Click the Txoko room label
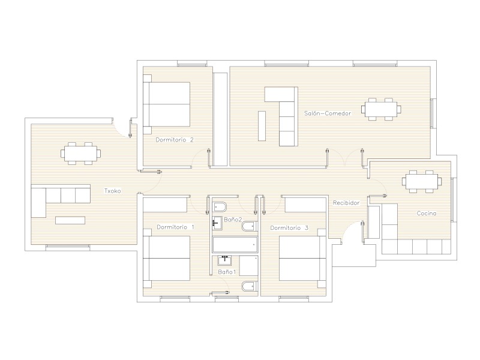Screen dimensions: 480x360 113,191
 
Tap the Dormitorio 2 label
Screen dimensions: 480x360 175,140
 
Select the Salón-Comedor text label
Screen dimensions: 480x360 328,113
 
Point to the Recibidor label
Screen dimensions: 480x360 346,203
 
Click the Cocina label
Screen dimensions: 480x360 427,214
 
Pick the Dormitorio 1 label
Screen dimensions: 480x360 175,227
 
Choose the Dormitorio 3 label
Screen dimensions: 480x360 289,228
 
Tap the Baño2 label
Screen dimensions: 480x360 233,220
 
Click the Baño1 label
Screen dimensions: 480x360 227,272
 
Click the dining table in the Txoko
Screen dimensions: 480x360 81,153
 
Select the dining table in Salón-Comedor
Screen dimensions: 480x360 381,109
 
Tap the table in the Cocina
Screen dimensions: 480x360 422,182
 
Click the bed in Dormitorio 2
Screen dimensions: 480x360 167,104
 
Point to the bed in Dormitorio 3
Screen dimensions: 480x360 302,259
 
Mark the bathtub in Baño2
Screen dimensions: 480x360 235,245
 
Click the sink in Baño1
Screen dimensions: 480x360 224,260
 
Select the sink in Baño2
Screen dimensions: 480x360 217,223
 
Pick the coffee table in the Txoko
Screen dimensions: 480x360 70,220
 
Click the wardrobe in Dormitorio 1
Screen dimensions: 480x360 165,205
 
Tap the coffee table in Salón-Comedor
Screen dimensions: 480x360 262,126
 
